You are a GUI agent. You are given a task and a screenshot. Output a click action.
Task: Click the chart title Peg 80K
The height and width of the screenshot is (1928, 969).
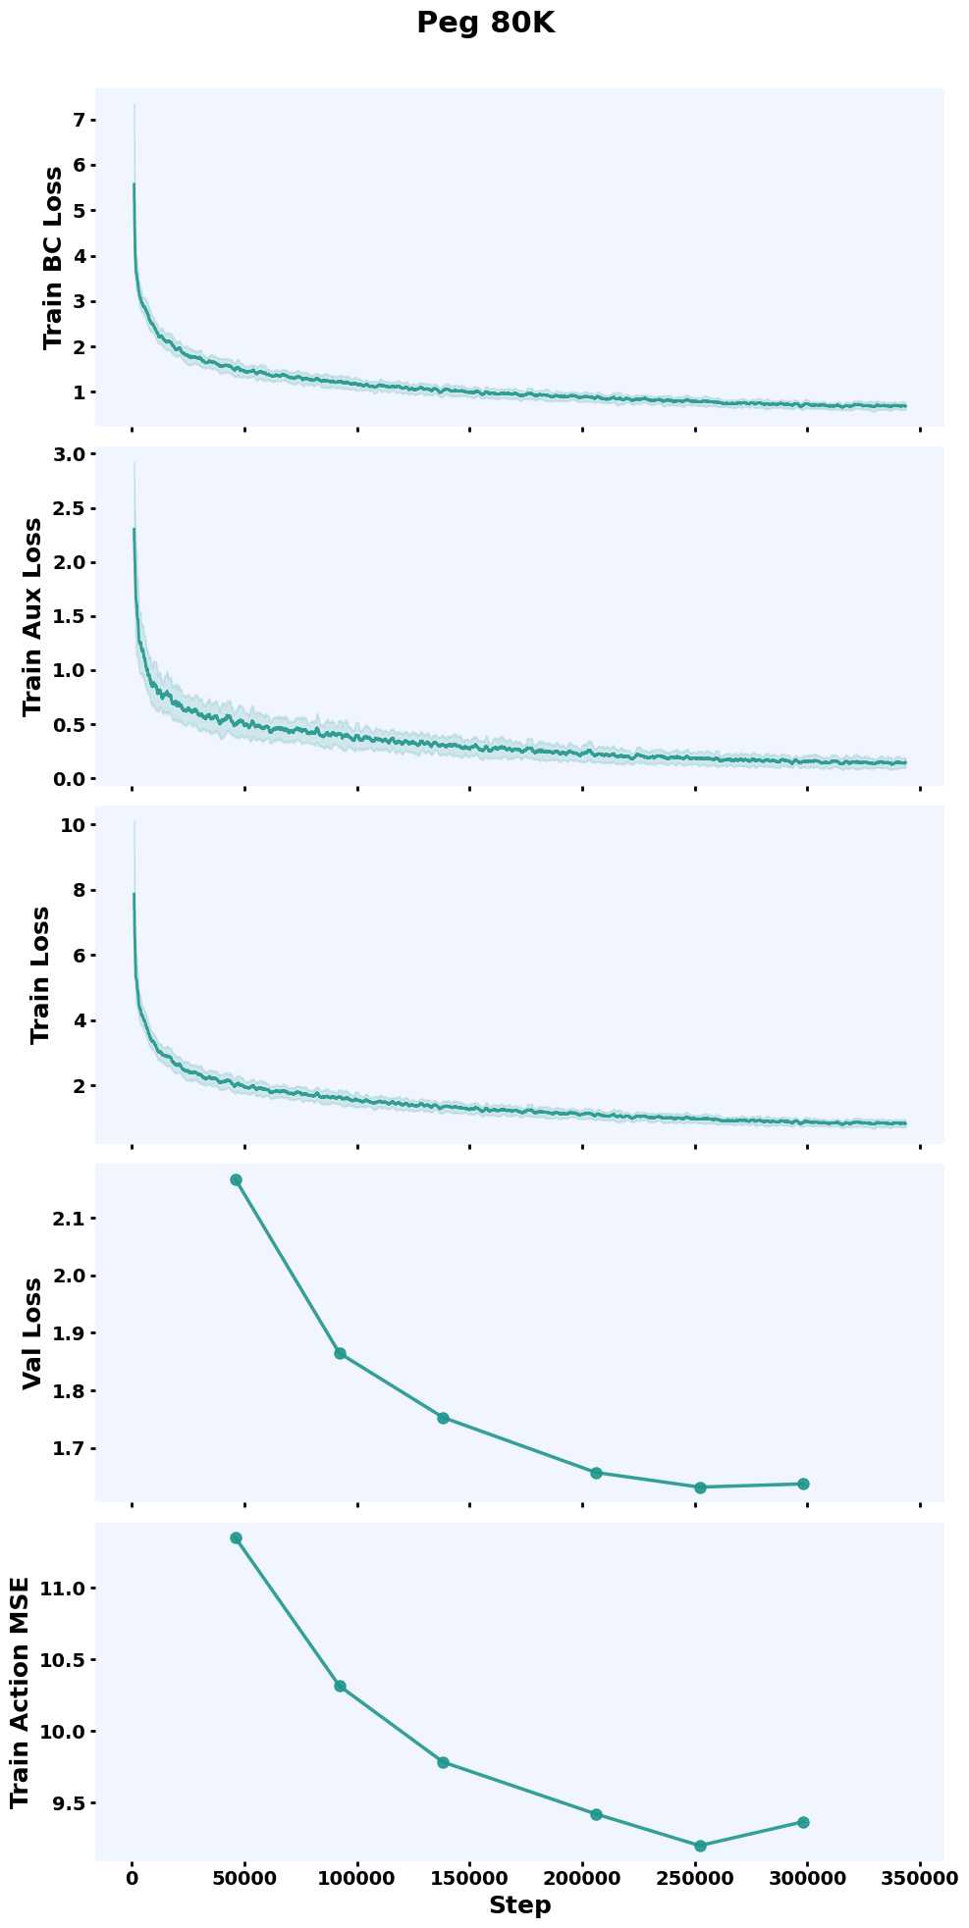[x=485, y=24]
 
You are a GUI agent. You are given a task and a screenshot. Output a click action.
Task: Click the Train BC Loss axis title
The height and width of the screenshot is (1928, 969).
[x=53, y=257]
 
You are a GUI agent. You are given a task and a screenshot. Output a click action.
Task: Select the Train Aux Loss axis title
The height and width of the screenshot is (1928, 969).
[x=32, y=616]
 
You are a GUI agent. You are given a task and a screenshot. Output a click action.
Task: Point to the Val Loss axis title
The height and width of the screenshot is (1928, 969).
[x=32, y=1332]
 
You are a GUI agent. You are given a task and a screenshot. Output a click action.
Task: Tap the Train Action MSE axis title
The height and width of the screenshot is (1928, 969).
[x=20, y=1693]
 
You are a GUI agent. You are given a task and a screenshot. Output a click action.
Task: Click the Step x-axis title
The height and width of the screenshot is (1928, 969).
[x=519, y=1905]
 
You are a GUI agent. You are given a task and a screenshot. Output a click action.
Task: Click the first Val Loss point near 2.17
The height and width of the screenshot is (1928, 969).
[x=236, y=1179]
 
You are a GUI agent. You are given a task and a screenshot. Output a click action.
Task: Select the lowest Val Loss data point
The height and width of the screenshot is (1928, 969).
[x=700, y=1487]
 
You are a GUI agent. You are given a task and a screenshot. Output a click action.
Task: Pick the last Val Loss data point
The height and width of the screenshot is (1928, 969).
[x=803, y=1484]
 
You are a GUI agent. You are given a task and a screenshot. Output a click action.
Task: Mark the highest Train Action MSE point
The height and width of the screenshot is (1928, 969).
[x=236, y=1537]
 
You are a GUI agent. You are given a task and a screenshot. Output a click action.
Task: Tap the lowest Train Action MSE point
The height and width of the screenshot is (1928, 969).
[x=700, y=1846]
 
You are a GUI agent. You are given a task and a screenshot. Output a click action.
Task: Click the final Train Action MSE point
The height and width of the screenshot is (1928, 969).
[x=803, y=1822]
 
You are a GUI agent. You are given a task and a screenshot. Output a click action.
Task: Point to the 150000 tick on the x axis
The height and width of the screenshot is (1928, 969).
[x=469, y=1878]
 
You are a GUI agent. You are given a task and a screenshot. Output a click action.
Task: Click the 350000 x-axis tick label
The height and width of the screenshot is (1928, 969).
[x=920, y=1878]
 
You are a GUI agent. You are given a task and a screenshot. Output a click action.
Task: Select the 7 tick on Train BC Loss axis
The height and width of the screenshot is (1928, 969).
[x=80, y=120]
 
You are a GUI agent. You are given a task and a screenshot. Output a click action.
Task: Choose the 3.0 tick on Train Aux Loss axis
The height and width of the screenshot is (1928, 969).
[x=70, y=453]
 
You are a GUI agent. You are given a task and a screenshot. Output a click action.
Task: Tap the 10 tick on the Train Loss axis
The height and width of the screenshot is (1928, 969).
[x=72, y=825]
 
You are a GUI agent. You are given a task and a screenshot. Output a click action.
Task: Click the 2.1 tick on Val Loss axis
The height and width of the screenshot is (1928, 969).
[x=70, y=1219]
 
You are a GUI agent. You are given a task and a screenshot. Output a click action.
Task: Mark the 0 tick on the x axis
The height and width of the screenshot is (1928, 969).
[x=132, y=1878]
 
